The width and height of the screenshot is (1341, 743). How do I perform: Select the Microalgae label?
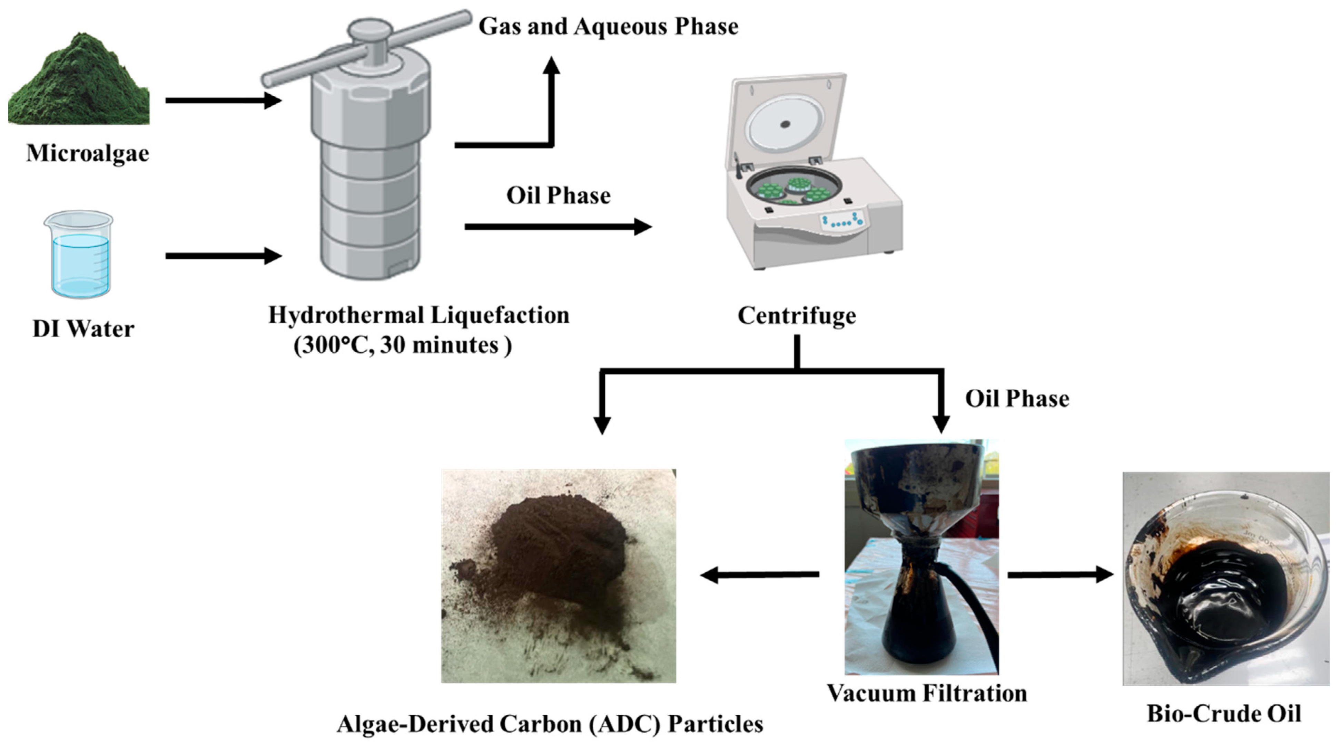88,153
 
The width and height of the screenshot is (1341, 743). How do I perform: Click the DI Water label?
83,329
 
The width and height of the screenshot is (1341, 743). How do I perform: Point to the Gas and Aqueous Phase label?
608,26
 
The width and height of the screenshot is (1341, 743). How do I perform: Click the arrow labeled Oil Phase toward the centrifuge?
557,227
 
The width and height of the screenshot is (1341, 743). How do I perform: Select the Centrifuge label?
797,316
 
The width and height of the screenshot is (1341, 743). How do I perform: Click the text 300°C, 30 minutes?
402,345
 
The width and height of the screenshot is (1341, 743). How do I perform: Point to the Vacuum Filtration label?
927,693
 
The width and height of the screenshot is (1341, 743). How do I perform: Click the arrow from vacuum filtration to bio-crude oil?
1059,574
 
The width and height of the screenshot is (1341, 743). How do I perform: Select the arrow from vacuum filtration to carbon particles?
760,575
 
